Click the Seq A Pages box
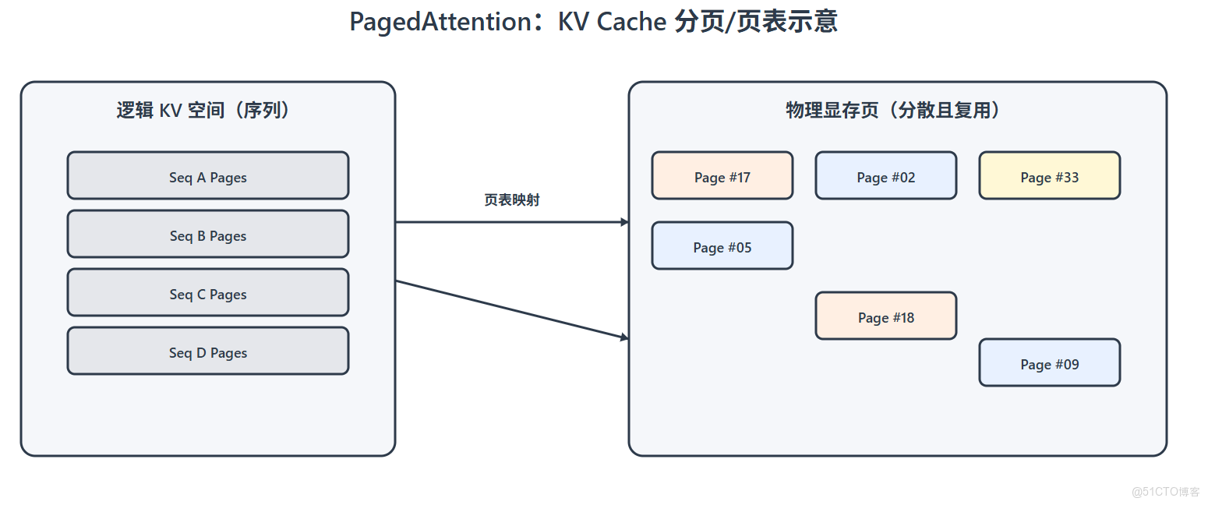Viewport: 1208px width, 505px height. [x=208, y=175]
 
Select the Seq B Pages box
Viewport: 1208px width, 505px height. [x=208, y=234]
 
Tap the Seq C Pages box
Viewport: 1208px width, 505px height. [x=208, y=292]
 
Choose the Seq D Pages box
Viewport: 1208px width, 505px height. [x=208, y=351]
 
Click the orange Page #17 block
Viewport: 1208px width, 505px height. [x=722, y=175]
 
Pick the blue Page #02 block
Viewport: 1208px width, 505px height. [x=886, y=175]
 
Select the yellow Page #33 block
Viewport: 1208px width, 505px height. [x=1050, y=175]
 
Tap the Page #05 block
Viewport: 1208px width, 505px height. [x=722, y=245]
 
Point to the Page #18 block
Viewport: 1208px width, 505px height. [x=886, y=316]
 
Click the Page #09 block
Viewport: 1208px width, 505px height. [x=1050, y=362]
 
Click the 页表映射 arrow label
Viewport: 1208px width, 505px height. [x=512, y=200]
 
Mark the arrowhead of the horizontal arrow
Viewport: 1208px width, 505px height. [x=624, y=222]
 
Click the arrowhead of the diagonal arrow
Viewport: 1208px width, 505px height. [x=624, y=337]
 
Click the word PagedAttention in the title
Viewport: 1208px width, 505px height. [x=440, y=22]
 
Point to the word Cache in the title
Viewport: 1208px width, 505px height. [x=631, y=22]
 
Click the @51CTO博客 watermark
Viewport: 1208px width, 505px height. [x=1165, y=492]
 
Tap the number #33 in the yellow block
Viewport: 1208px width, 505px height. [x=1067, y=178]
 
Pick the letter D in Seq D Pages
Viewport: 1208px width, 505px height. [x=201, y=353]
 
